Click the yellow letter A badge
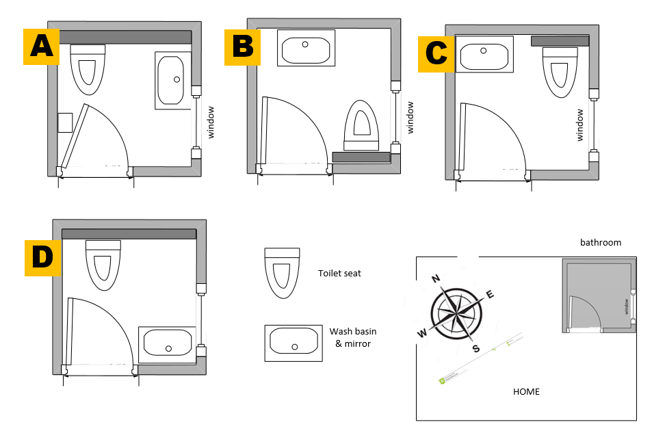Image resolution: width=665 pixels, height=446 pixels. tap(41, 47)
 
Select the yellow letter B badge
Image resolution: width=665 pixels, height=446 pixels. tap(242, 47)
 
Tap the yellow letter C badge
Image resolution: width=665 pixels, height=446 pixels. tap(436, 53)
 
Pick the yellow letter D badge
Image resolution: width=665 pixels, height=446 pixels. tap(43, 257)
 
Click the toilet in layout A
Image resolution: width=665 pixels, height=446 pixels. tap(88, 69)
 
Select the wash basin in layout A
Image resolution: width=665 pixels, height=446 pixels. tap(174, 80)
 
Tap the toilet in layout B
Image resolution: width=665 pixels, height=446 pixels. tap(363, 125)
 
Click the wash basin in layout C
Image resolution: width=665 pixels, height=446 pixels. tap(484, 55)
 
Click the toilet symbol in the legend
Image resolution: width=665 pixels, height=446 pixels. tap(282, 273)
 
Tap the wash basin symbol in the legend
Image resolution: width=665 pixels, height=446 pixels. tap(293, 343)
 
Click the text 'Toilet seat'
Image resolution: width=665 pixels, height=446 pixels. tap(339, 273)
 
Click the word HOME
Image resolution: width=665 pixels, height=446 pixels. tap(526, 392)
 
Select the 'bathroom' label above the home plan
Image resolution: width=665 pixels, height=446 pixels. tap(601, 242)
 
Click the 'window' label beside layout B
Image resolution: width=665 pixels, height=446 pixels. tap(410, 118)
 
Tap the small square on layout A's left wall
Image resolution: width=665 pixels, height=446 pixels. tap(65, 122)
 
